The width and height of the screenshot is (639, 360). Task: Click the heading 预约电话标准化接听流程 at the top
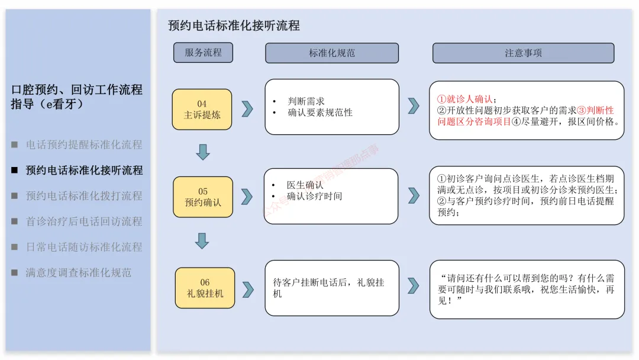pyautogui.click(x=234, y=25)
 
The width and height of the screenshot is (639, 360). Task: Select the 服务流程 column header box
pyautogui.click(x=203, y=53)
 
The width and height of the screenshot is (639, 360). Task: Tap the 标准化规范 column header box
pyautogui.click(x=331, y=53)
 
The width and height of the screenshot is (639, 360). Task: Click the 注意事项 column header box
pyautogui.click(x=523, y=53)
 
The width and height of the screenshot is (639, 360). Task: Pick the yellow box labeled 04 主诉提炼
pyautogui.click(x=202, y=109)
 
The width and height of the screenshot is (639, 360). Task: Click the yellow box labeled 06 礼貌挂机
pyautogui.click(x=205, y=288)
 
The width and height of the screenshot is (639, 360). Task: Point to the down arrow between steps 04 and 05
pyautogui.click(x=202, y=152)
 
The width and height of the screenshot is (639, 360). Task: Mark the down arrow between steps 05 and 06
pyautogui.click(x=202, y=240)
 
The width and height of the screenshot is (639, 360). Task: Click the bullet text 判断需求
pyautogui.click(x=306, y=101)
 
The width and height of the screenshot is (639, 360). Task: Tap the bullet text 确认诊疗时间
pyautogui.click(x=314, y=196)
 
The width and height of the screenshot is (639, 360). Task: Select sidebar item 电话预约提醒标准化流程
pyautogui.click(x=84, y=144)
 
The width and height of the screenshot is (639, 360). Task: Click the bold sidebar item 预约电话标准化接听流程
pyautogui.click(x=84, y=171)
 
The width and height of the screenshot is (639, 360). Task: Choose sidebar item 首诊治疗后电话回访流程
pyautogui.click(x=84, y=221)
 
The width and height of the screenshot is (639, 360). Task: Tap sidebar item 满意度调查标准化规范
pyautogui.click(x=78, y=273)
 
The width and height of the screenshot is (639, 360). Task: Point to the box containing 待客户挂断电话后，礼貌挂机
pyautogui.click(x=331, y=288)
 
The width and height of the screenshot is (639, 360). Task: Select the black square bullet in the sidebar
pyautogui.click(x=15, y=171)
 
